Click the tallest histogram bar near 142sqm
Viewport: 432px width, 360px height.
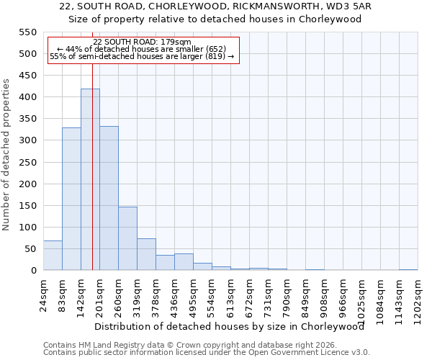point(90,180)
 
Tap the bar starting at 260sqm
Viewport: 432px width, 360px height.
point(127,238)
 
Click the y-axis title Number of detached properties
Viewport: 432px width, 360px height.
point(6,155)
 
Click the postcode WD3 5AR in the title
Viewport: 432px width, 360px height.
point(351,6)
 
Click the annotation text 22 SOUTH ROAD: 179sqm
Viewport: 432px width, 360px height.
point(142,42)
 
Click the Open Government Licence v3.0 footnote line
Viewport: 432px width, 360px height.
point(207,352)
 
